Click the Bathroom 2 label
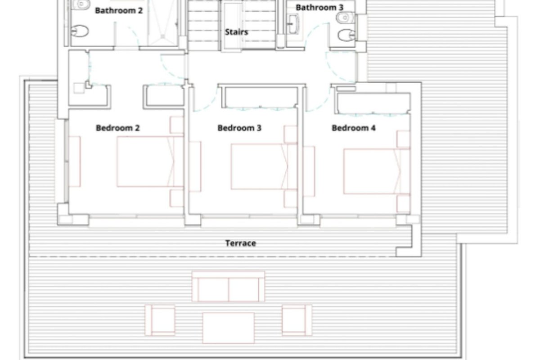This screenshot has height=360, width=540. coord(119,11)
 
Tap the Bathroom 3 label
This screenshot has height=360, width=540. coord(319,8)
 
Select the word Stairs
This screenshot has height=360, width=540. coord(236,32)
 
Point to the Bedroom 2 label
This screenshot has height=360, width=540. coord(117,128)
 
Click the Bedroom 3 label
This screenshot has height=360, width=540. coord(239,128)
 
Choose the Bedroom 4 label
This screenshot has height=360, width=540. coord(353,128)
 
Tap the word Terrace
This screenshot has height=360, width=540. coord(241,243)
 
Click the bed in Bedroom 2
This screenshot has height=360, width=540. coord(150,162)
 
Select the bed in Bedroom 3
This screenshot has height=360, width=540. coord(264,166)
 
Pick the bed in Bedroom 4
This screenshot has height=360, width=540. coord(377,171)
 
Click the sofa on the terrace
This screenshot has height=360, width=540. coord(228,287)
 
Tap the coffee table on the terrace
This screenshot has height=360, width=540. coord(228,328)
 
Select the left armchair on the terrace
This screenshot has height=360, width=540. coord(160,320)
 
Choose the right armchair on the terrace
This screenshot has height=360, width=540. coord(297,320)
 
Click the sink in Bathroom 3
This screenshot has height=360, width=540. coord(293,24)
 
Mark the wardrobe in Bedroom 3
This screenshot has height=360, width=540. coord(261,96)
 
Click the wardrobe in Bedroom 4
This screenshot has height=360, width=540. coord(373,103)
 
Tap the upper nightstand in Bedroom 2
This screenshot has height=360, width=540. coord(177,125)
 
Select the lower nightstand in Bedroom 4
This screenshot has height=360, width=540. coord(403,204)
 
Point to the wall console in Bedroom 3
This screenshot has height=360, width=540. coord(195,166)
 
